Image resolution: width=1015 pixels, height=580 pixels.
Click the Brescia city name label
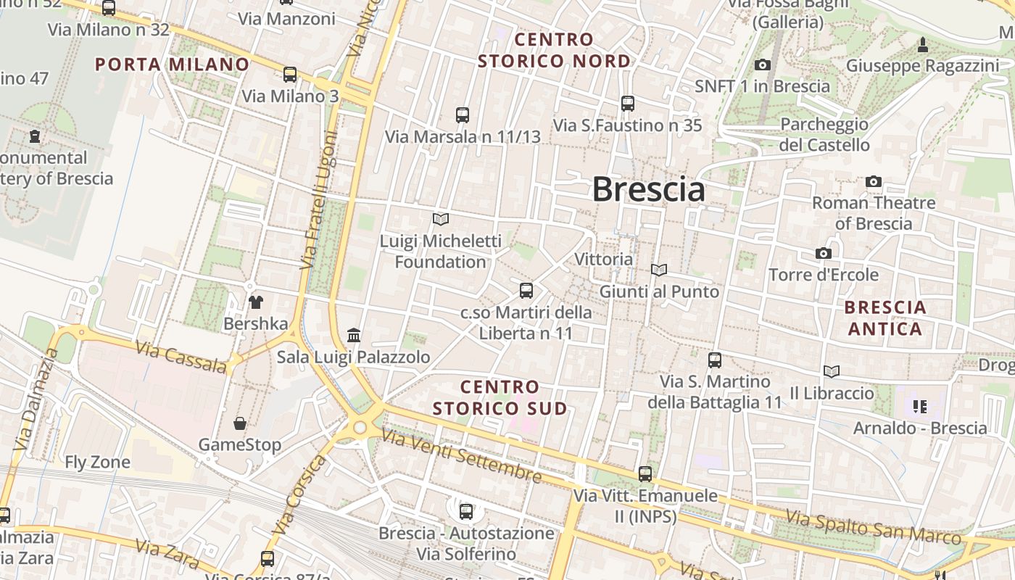[x=648, y=189]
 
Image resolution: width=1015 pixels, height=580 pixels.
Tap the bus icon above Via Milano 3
[x=290, y=74]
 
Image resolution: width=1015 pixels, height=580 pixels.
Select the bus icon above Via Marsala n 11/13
[x=463, y=115]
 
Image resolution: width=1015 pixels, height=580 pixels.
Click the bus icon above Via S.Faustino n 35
[x=628, y=104]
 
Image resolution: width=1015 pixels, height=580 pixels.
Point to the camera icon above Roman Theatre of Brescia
[x=874, y=181]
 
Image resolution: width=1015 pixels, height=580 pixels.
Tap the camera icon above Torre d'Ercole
[x=823, y=253]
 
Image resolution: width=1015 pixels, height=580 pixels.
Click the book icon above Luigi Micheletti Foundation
[x=441, y=218]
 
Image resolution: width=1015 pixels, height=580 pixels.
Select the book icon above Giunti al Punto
[x=659, y=270]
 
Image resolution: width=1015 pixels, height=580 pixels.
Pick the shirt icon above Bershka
[x=255, y=302]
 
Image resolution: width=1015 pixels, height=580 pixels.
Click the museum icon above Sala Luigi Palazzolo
[x=354, y=335]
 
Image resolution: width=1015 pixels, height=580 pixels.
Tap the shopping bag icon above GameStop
[x=240, y=423]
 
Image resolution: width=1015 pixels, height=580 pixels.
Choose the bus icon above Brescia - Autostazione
[x=466, y=511]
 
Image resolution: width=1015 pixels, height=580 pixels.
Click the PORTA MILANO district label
[x=173, y=64]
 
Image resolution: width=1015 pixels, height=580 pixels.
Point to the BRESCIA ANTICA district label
[x=885, y=318]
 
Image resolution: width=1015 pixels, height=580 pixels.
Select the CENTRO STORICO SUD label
[x=500, y=397]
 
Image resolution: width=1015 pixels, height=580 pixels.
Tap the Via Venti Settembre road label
[x=461, y=455]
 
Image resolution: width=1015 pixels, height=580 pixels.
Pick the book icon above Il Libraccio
[x=832, y=371]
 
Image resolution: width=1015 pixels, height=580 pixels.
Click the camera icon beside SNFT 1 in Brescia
[x=762, y=65]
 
